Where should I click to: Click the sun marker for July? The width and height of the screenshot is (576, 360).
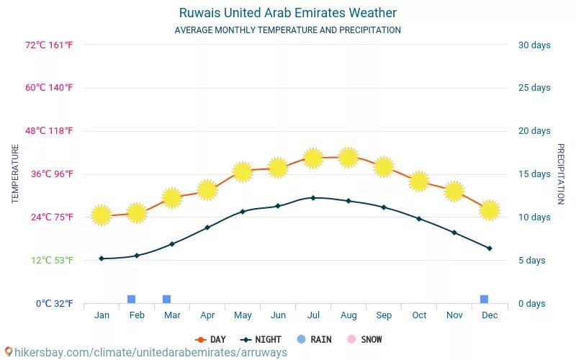click(x=312, y=158)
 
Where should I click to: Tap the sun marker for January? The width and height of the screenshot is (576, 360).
click(x=102, y=215)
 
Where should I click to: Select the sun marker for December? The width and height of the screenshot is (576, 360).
click(x=490, y=210)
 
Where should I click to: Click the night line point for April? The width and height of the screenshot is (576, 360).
click(x=207, y=228)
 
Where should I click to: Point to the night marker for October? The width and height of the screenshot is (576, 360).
click(x=419, y=218)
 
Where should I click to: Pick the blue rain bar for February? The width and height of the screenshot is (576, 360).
click(x=131, y=300)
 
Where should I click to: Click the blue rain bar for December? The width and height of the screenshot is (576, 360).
click(x=484, y=300)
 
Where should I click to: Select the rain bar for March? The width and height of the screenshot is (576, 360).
click(x=166, y=300)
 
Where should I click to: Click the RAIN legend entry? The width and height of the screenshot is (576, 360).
click(x=314, y=340)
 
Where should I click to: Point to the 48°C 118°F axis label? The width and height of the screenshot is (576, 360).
click(x=50, y=131)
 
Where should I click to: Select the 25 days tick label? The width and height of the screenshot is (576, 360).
click(x=534, y=88)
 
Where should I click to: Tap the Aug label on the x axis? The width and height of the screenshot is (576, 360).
click(x=348, y=315)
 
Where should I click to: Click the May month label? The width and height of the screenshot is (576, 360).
click(x=243, y=315)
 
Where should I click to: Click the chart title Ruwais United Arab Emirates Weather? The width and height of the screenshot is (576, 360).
click(x=287, y=13)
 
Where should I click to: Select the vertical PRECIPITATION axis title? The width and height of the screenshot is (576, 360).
click(x=560, y=174)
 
